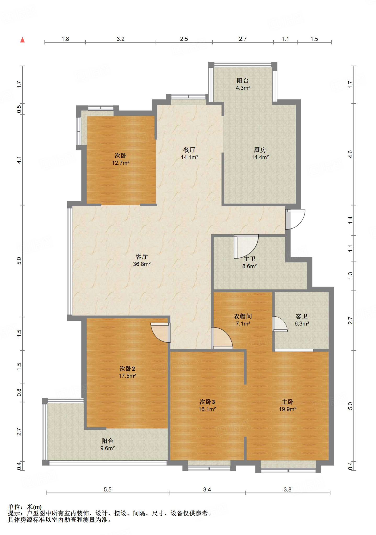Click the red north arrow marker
coord(22,40)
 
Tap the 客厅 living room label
coord(142,257)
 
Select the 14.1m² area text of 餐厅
coord(190,157)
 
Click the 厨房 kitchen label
coord(260,150)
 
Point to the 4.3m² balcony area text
coord(243,88)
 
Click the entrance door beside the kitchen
coord(295,219)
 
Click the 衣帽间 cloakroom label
coord(243,316)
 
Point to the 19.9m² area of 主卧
coord(288,409)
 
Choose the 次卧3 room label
coord(207,402)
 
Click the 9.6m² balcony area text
coord(108,448)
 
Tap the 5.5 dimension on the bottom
coord(107,490)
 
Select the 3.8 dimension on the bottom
coord(287,490)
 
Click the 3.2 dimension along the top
coord(121,39)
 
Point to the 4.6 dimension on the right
coord(350,154)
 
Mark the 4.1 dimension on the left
coord(19,160)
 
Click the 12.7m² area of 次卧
coord(121,163)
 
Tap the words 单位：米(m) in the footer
coord(25,507)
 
